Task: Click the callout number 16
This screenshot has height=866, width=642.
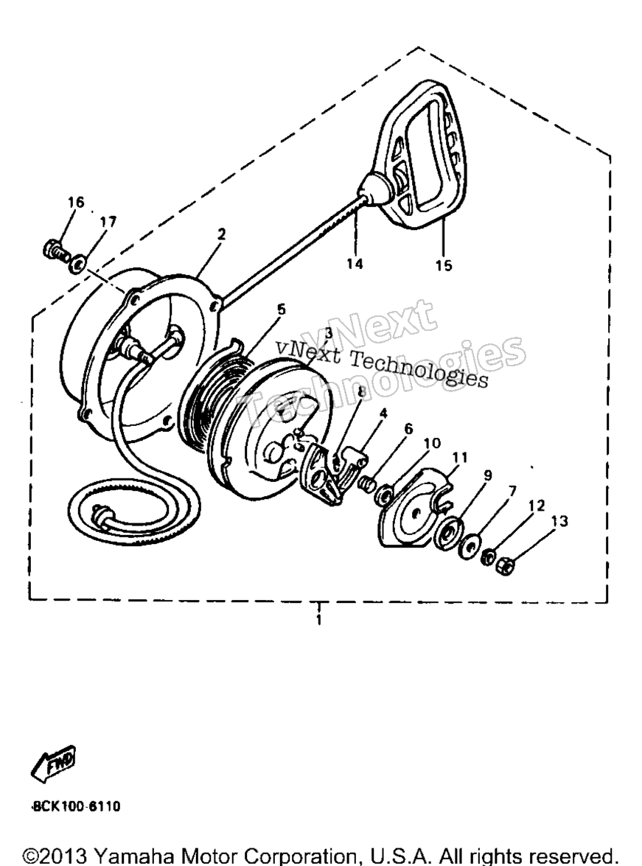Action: click(x=76, y=202)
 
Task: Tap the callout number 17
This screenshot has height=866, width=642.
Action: click(x=108, y=222)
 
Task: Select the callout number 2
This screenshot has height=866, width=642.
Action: click(x=222, y=234)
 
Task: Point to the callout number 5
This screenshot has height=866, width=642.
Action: click(x=282, y=310)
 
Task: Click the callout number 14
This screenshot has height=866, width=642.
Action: click(x=355, y=264)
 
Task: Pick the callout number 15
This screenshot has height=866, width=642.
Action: click(x=444, y=265)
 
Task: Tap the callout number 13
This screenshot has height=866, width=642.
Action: click(x=559, y=521)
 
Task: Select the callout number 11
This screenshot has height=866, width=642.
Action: click(x=460, y=457)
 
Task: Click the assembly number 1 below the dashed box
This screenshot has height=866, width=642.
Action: click(x=319, y=620)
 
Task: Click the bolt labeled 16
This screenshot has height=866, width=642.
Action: click(x=56, y=252)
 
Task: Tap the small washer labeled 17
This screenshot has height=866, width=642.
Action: click(x=77, y=264)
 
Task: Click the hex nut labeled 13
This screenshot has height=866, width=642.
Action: click(x=504, y=566)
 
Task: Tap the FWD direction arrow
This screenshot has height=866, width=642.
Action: click(x=54, y=764)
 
